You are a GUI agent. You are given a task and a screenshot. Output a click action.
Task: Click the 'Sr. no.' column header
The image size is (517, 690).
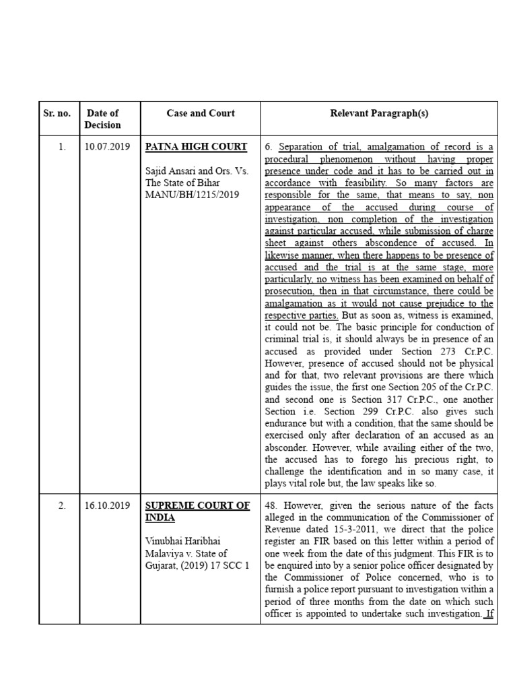coord(57,113)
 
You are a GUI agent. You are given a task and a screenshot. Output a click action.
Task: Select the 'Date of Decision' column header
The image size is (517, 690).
coord(102,119)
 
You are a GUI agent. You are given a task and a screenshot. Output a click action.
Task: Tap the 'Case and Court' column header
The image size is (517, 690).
coord(200,113)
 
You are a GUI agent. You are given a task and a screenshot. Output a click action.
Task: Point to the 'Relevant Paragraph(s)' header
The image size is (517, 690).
coord(379,113)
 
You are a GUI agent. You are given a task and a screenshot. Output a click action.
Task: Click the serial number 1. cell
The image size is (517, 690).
coord(62,147)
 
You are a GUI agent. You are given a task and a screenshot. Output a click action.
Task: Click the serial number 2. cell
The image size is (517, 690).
coord(62,505)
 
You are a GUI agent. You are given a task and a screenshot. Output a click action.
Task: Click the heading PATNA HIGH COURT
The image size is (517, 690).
coord(197,147)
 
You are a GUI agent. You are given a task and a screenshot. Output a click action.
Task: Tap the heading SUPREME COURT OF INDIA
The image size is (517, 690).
coord(197,511)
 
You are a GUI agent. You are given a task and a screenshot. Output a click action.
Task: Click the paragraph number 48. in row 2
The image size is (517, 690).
coord(272,505)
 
